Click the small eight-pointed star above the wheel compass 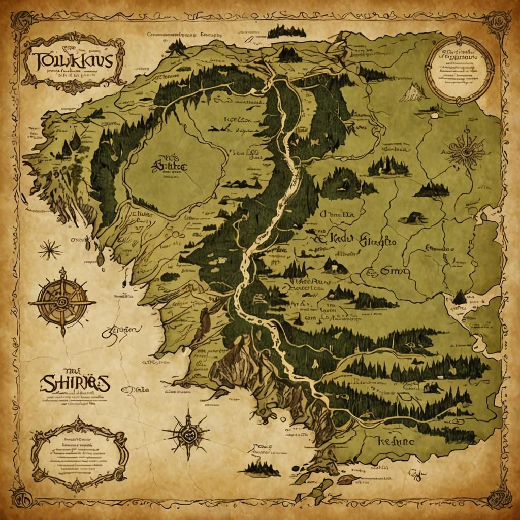point(50,249)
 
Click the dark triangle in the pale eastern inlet point(459,297)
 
